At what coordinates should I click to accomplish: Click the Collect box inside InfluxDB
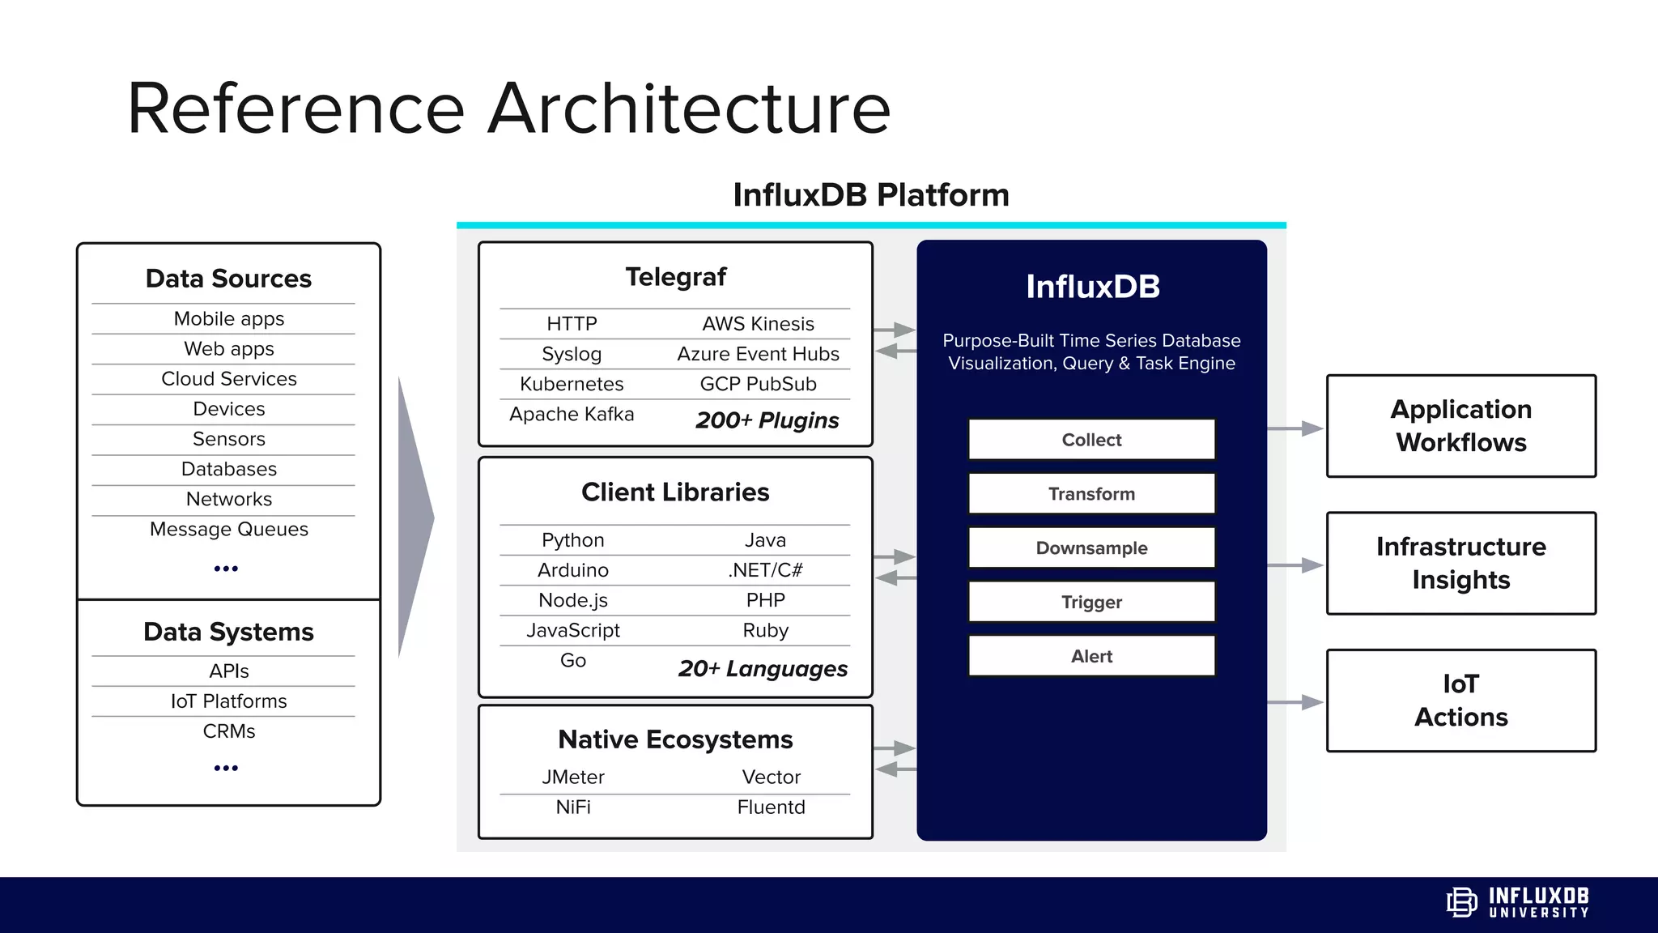tap(1091, 440)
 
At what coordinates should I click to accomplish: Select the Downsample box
tap(1091, 548)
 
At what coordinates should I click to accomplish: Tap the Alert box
tap(1091, 656)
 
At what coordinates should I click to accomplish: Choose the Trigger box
tap(1091, 602)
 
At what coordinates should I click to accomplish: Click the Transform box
tap(1091, 494)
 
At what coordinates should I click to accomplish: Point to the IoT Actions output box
tap(1460, 701)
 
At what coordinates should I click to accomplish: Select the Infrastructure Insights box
tap(1460, 563)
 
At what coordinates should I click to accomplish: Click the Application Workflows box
tap(1460, 426)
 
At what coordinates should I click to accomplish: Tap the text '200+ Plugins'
tap(767, 420)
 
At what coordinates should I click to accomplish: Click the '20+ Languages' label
tap(763, 669)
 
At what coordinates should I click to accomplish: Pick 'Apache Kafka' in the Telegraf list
tap(572, 415)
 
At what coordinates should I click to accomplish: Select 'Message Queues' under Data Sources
tap(229, 530)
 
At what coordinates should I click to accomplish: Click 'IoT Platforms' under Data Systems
tap(229, 701)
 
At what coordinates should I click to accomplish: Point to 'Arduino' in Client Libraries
tap(573, 570)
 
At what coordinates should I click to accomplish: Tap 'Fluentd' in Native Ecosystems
tap(771, 807)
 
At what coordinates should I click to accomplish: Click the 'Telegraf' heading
tap(675, 277)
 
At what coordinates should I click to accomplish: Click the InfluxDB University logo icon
tap(1461, 902)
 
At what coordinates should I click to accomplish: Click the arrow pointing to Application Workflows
tap(1295, 428)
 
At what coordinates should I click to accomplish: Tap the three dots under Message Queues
tap(226, 569)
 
